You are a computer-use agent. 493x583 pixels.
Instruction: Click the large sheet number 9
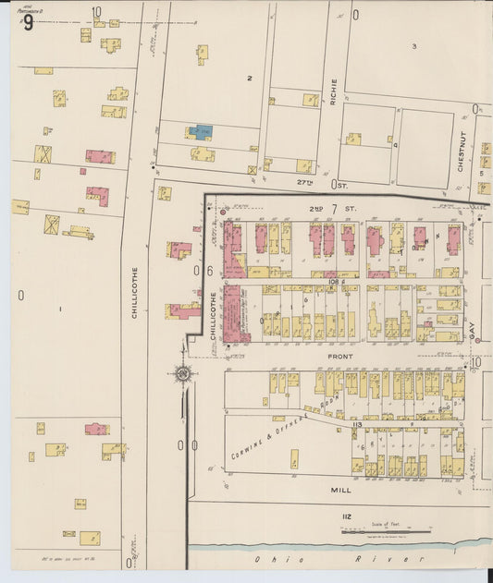(28, 22)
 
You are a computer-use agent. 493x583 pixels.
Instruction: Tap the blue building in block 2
(201, 132)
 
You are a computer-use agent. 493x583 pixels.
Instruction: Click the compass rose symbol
(182, 373)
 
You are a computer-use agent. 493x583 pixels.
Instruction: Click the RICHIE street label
(334, 91)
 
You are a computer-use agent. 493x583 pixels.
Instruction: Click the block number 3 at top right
(414, 45)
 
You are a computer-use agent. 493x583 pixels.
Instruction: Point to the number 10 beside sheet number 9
(96, 12)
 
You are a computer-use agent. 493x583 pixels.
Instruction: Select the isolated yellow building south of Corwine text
(294, 458)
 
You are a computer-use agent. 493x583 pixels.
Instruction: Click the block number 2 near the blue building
(249, 79)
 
